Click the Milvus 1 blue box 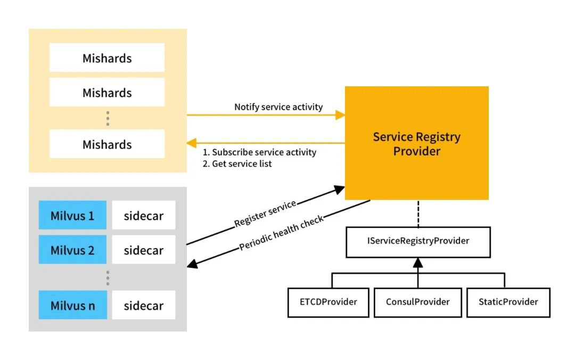pos(72,216)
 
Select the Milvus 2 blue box pos(72,250)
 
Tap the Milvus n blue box pos(72,305)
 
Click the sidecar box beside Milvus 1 pos(143,216)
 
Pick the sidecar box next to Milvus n pos(143,305)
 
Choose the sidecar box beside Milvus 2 pos(143,250)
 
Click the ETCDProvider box pos(328,302)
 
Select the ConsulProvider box pos(418,302)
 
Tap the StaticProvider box pos(508,302)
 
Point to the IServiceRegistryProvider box pos(418,241)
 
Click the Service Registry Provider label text pos(416,144)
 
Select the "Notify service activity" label pos(278,107)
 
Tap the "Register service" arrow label pos(265,214)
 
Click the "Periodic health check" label pos(282,233)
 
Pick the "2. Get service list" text pos(237,164)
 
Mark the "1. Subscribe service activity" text pos(259,152)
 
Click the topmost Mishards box pos(107,58)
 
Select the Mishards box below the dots pos(107,144)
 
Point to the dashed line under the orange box pos(418,213)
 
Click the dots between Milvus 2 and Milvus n pos(108,277)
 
